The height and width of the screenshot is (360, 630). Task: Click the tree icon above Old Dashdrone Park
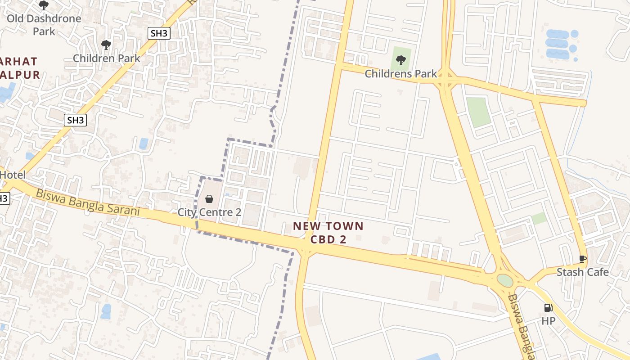43,5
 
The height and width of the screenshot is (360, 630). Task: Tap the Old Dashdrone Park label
44,25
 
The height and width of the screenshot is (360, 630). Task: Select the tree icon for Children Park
106,45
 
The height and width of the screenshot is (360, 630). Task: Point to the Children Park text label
107,58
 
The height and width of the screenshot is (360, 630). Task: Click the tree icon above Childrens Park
400,60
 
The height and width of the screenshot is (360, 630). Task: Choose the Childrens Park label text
400,73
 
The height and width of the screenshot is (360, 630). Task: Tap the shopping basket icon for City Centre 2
209,198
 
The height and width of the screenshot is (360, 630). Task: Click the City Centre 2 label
210,212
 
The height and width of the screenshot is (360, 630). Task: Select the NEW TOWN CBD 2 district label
328,233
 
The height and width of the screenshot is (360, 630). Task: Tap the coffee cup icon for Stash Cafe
582,259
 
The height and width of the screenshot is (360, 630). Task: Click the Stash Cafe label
582,272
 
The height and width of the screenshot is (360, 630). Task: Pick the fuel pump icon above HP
548,308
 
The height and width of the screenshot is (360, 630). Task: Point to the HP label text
548,321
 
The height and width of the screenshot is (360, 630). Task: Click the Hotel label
13,175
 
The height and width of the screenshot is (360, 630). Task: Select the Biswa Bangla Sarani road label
88,202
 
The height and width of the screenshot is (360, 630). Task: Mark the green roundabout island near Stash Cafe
505,281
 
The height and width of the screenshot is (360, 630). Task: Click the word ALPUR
20,75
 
